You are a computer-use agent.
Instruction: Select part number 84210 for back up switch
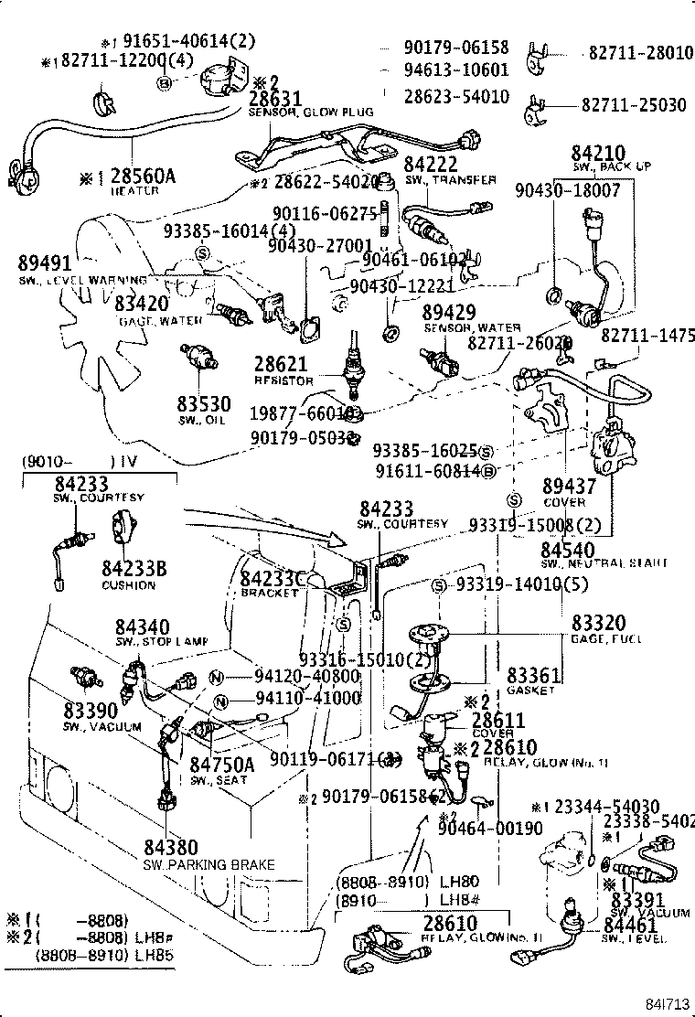[598, 154]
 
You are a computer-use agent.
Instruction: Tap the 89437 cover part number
[569, 487]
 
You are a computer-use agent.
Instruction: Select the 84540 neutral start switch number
[568, 549]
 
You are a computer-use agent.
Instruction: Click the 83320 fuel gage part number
[599, 622]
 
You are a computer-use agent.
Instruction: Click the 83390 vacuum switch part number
[91, 711]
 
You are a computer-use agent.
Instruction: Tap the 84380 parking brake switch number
[171, 848]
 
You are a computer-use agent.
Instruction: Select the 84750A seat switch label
[223, 765]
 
